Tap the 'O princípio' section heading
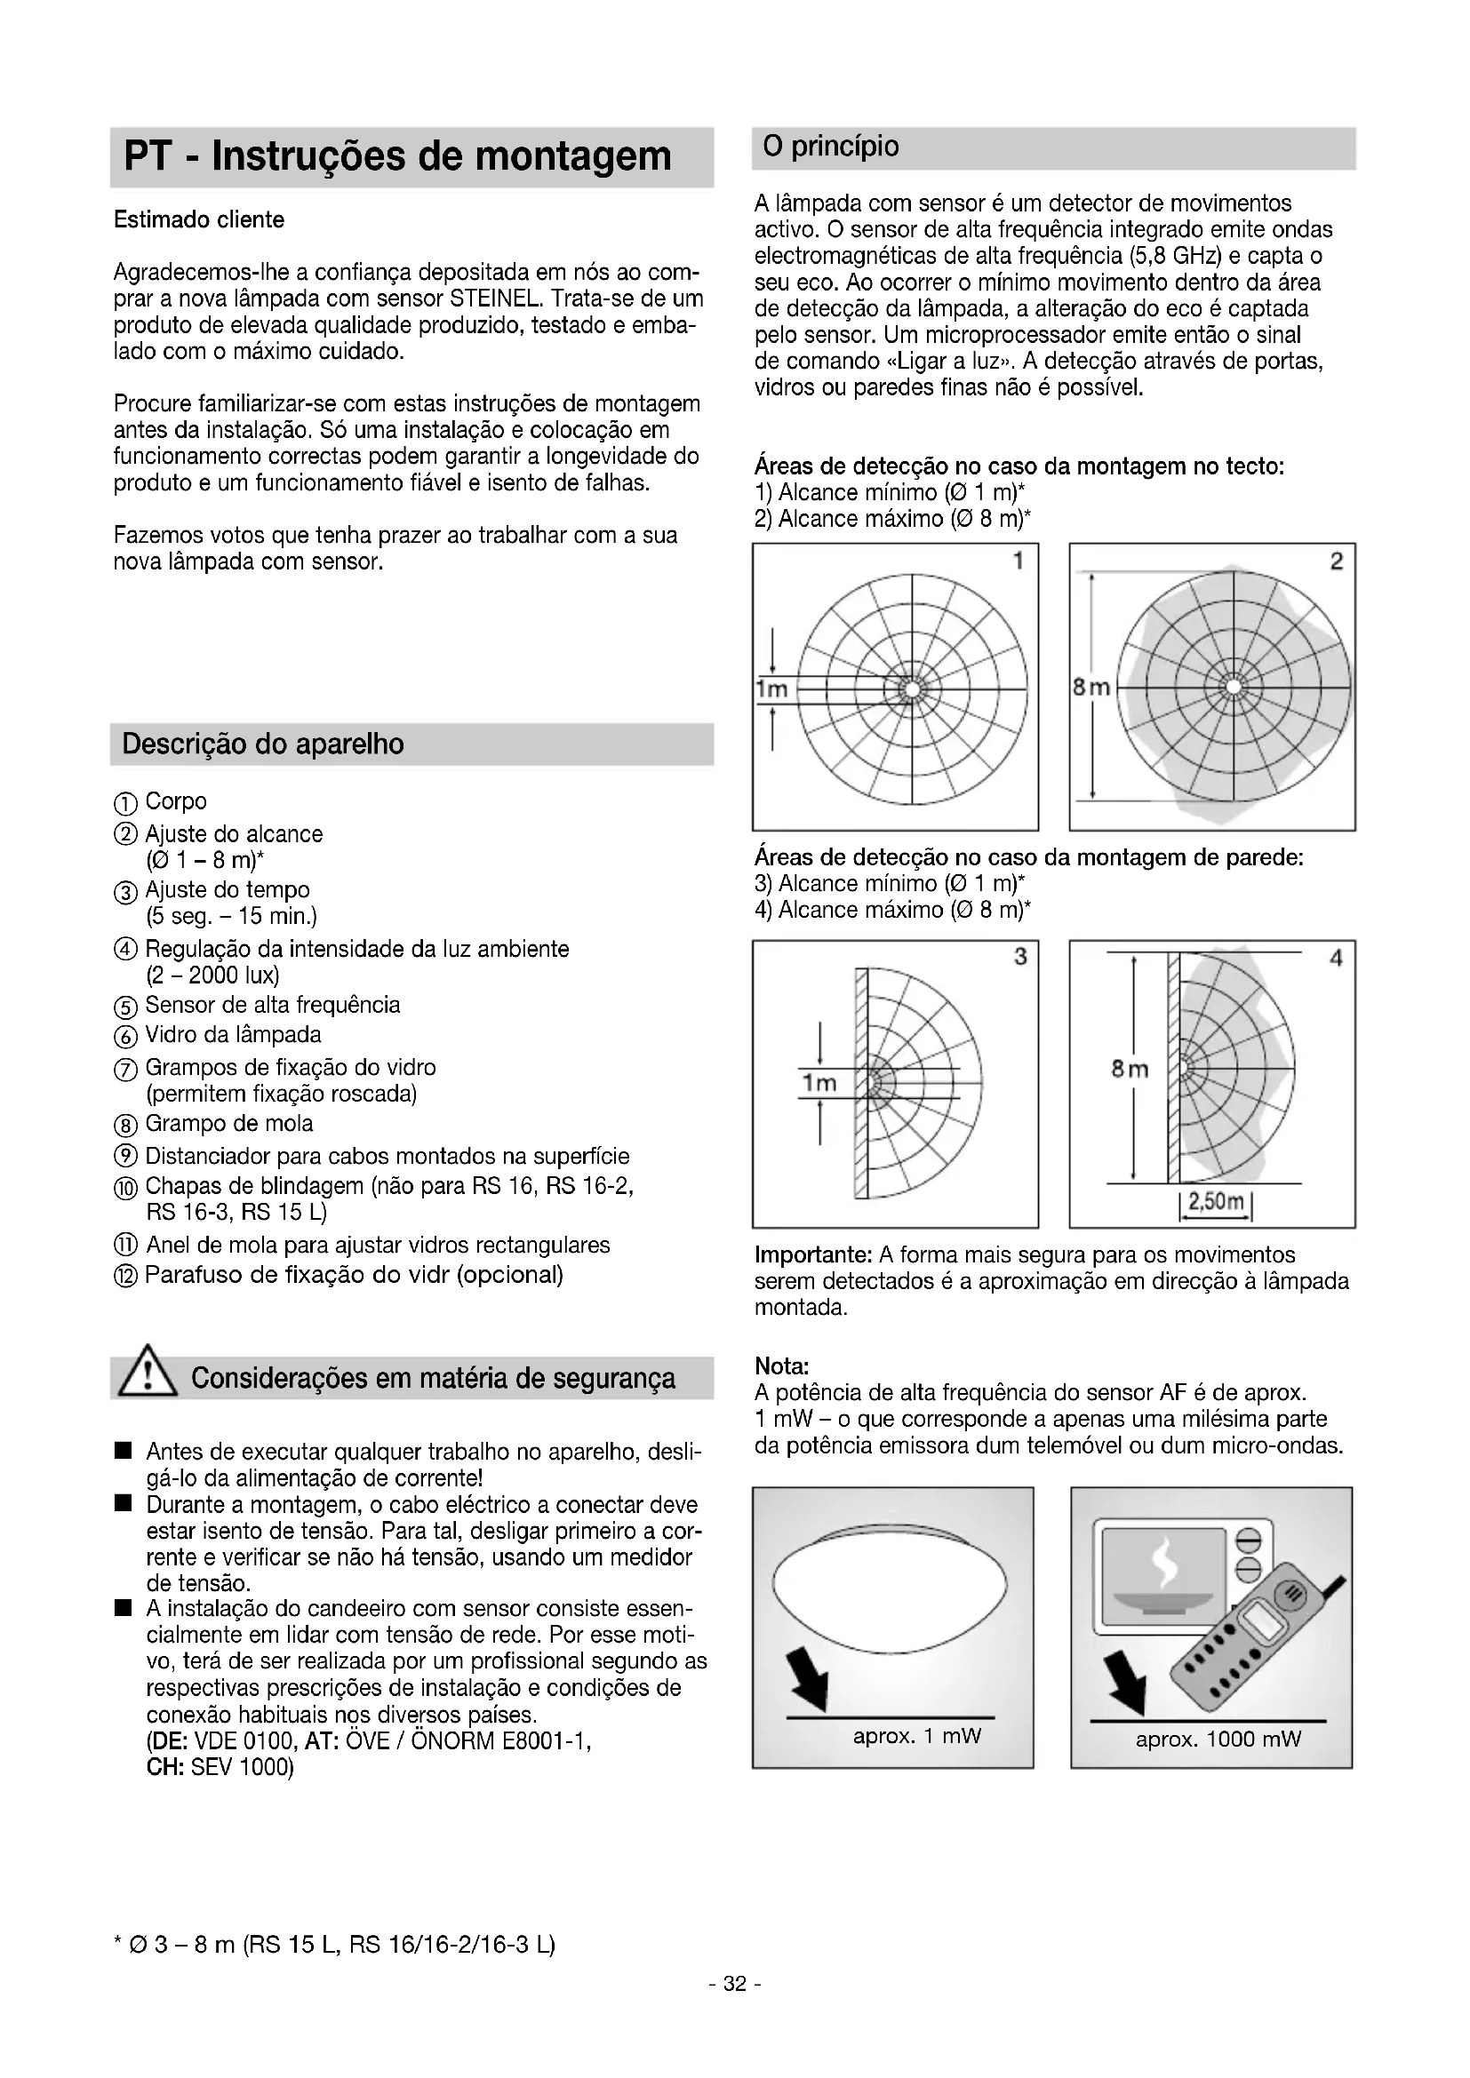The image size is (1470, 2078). (x=831, y=147)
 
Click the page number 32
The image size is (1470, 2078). (x=734, y=1984)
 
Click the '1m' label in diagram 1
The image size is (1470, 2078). (x=772, y=689)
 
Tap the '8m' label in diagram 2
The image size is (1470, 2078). (x=1091, y=688)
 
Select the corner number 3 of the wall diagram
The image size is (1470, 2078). (x=1020, y=956)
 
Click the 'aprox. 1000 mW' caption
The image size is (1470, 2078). (x=1218, y=1740)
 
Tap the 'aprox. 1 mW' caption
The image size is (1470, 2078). (x=916, y=1736)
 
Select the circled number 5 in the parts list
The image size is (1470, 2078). (x=126, y=1007)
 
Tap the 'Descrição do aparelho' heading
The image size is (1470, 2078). (x=262, y=744)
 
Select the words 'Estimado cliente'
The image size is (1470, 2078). (x=198, y=220)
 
